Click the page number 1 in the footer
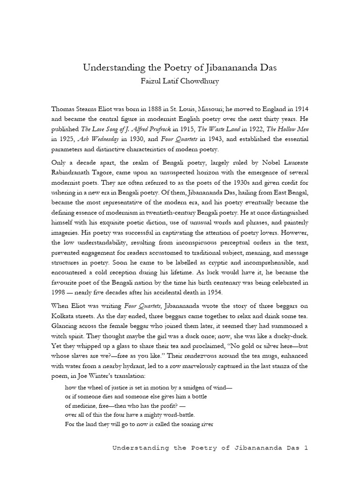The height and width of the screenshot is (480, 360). click(305, 448)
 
